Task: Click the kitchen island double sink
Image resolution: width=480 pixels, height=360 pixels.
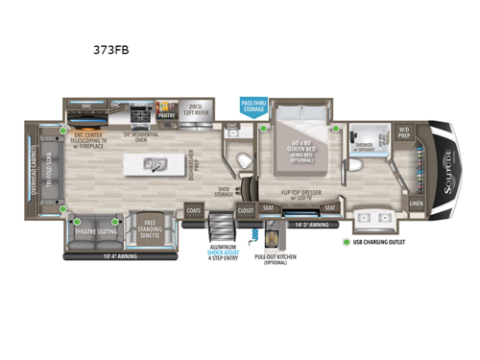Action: click(155, 164)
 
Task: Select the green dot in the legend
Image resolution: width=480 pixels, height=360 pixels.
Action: click(347, 242)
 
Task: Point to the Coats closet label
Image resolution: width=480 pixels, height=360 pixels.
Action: click(195, 209)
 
